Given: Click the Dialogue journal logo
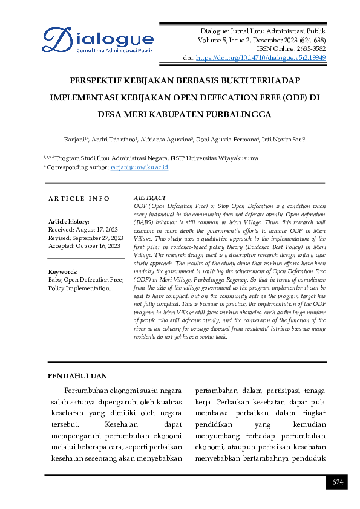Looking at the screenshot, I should [97, 41].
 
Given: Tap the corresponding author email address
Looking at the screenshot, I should [139, 167].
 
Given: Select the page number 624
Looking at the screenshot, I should [337, 482].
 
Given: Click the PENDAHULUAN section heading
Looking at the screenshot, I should [77, 376].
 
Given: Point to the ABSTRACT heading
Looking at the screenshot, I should [149, 198].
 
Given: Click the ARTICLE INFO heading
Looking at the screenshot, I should [79, 198].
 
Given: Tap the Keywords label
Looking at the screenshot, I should [63, 272].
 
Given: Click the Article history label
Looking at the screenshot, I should [69, 222].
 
